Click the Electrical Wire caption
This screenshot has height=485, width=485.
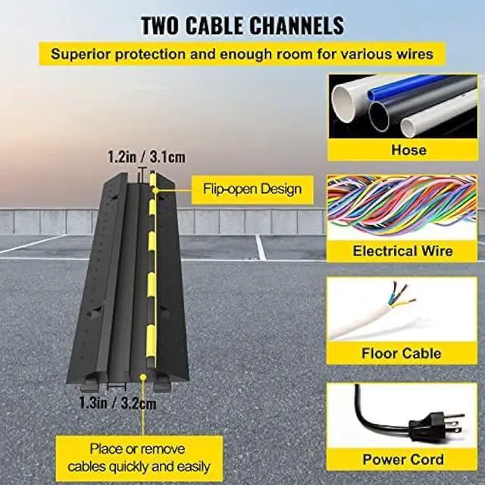[x=402, y=251]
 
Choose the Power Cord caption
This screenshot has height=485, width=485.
[x=402, y=459]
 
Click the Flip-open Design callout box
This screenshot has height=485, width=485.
[x=252, y=189]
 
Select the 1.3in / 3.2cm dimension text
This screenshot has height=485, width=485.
[x=118, y=403]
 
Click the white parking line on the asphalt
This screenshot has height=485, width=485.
[x=261, y=247]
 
